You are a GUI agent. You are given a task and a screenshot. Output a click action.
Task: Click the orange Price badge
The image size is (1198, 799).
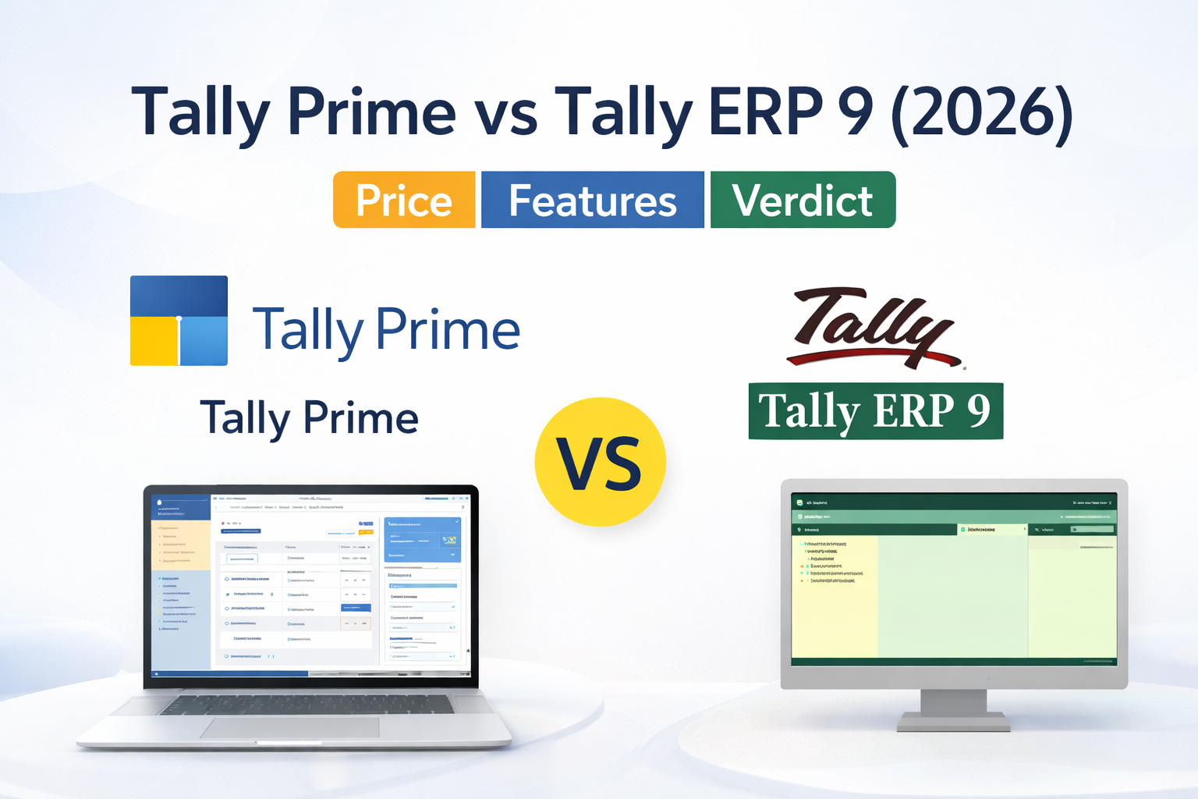pos(404,201)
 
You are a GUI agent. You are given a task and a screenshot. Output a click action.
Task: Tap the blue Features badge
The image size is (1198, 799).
pos(592,201)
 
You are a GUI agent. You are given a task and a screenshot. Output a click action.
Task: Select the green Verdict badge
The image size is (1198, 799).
pos(803,201)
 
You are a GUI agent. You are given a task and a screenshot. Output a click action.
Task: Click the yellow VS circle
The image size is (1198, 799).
pos(600,462)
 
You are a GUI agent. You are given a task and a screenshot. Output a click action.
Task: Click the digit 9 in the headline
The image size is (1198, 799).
pos(856,112)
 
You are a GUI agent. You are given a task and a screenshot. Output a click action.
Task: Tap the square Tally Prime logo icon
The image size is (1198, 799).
pos(179,320)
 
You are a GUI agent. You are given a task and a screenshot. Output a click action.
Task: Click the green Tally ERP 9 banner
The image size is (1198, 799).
pos(875,411)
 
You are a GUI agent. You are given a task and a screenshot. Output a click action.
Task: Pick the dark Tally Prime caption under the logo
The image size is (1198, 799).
pos(309,417)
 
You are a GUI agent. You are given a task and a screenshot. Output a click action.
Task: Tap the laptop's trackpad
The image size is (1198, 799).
pos(289,728)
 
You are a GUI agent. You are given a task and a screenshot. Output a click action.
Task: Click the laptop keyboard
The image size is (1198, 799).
pos(307,704)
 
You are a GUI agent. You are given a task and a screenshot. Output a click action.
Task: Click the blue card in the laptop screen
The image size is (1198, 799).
pos(422,538)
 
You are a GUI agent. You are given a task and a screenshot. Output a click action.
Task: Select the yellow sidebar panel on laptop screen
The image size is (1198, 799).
pos(180,545)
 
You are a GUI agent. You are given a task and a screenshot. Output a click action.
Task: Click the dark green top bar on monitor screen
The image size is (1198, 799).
pos(953,502)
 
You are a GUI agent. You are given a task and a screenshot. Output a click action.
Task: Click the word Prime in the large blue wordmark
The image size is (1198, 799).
pos(448,329)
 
